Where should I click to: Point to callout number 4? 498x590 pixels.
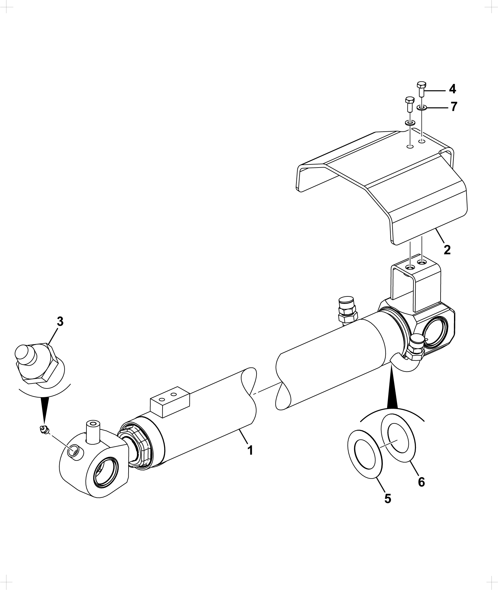452,89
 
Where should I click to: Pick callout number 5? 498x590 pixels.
387,499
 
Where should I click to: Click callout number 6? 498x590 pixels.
421,482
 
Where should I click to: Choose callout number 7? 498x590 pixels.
454,107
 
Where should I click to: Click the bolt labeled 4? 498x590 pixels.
421,89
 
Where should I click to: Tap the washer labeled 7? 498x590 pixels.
422,108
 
